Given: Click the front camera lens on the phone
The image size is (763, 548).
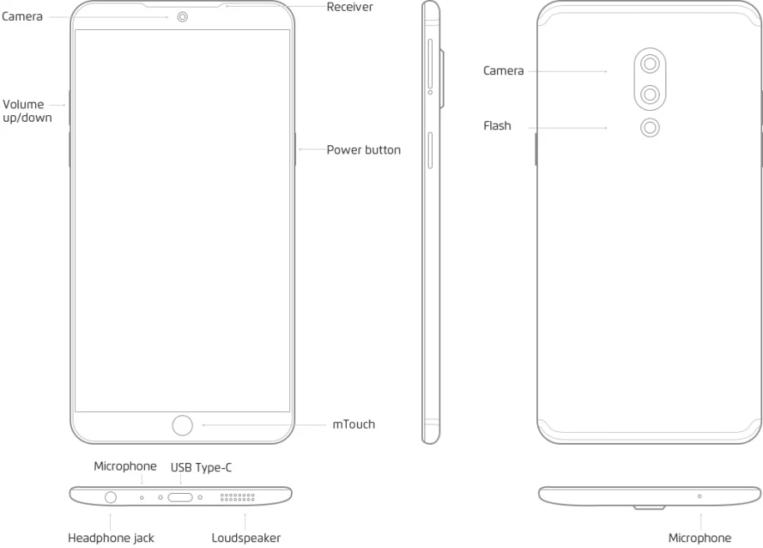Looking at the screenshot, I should tap(183, 17).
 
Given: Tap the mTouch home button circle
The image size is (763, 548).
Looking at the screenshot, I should tap(182, 425).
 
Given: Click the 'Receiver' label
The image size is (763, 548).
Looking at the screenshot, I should tap(349, 7).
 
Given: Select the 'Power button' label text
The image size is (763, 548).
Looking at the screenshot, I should tap(364, 150).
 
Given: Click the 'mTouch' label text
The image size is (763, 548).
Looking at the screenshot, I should tap(354, 425).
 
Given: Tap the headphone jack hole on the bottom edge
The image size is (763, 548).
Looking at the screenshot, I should tap(112, 497).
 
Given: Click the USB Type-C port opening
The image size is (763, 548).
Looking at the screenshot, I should tap(180, 497).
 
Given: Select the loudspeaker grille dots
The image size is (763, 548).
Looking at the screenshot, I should tap(237, 497).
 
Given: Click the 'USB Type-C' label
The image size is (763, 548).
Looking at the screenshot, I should tap(201, 468).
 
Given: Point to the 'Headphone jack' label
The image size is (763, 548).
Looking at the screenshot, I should tap(111, 538).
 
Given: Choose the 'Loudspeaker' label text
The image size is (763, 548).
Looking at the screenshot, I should tap(246, 538).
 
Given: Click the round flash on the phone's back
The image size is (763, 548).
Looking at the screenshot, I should tap(650, 128).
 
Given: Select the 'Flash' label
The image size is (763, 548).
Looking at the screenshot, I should tap(497, 126).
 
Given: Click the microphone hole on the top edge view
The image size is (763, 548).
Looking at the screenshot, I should tap(699, 496).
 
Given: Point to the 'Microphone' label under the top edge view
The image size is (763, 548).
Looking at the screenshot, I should tap(700, 538).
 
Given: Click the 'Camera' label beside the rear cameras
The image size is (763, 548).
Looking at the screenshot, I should tap(504, 71).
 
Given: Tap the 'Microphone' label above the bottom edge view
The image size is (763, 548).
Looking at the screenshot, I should tap(125, 466).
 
